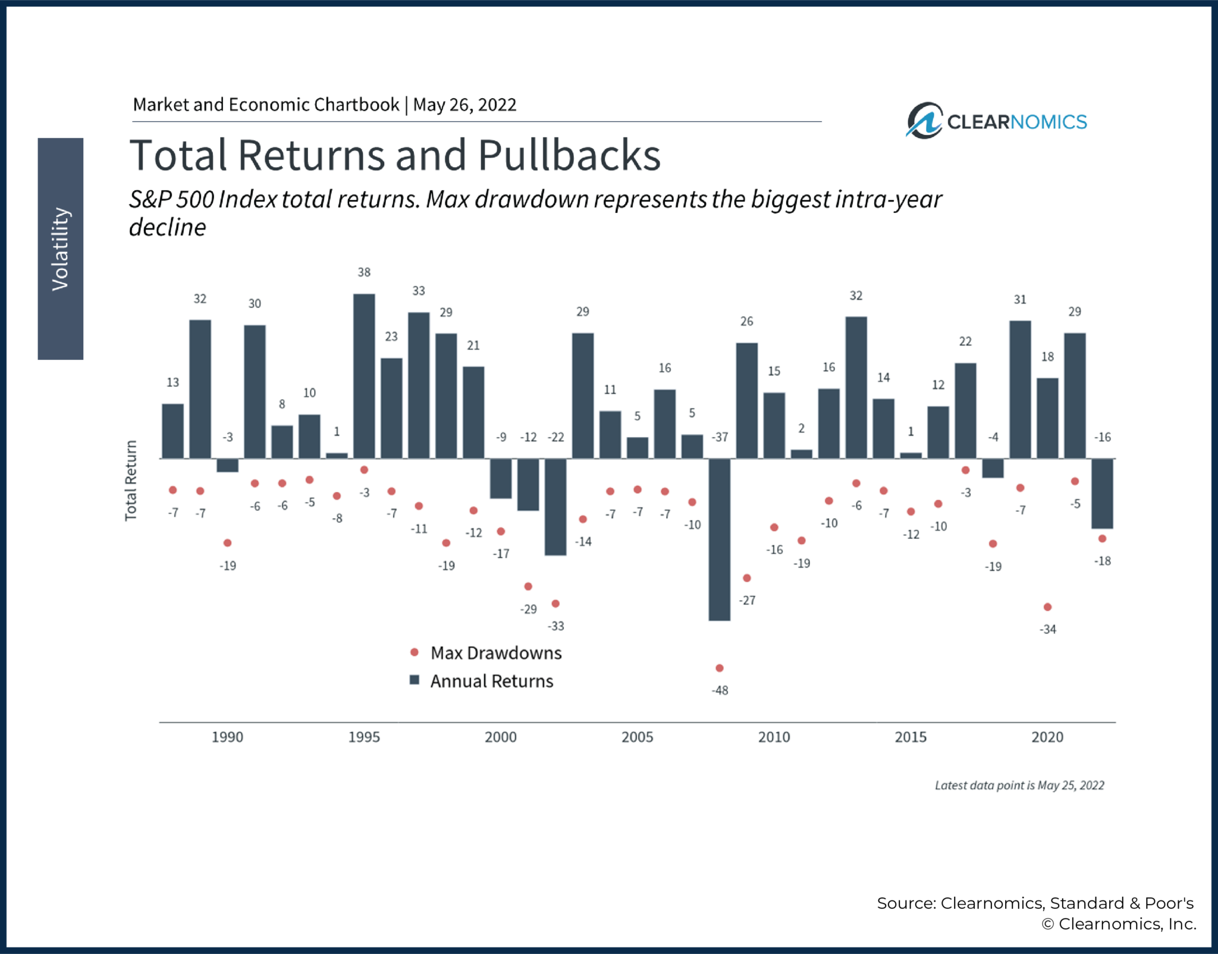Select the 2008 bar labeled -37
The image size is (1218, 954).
[719, 539]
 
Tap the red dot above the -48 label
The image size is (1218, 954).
[719, 668]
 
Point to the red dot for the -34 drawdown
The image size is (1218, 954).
[1047, 607]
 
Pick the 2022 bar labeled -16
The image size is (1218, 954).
[1102, 493]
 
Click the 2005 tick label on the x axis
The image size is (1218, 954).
[637, 737]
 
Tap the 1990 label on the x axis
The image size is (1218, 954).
[227, 737]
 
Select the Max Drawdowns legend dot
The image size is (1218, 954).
[415, 652]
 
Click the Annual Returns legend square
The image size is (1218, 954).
[415, 680]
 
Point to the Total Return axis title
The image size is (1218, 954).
[131, 481]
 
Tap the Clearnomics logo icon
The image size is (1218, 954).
[924, 121]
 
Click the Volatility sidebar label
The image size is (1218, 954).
[60, 249]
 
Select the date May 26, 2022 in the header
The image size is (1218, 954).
[464, 105]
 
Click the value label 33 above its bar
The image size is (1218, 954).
[419, 291]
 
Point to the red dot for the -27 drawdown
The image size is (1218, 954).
[746, 578]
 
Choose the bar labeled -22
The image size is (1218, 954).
[555, 507]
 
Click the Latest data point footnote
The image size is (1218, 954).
[1019, 785]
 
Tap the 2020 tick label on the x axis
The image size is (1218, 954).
[1047, 737]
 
